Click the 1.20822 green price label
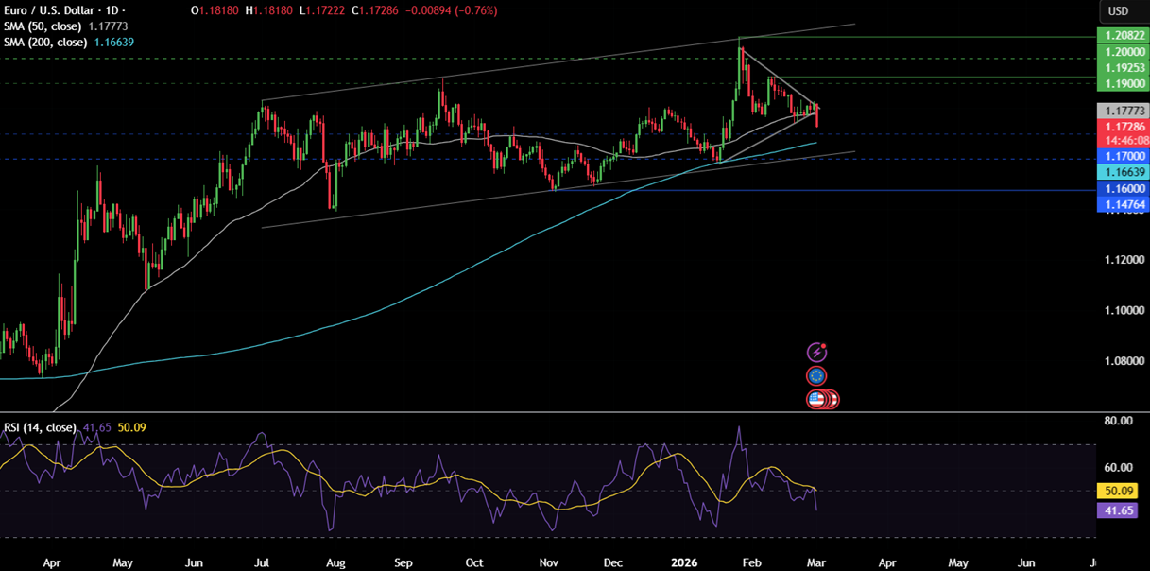1122,35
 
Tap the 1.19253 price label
1122,69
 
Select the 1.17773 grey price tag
1122,111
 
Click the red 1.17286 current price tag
1122,126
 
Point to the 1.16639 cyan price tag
1122,172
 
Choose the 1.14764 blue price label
1122,204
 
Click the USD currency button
1118,11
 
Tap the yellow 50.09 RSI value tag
1122,492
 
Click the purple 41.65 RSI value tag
1122,510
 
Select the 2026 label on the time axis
682,562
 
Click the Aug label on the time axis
336,562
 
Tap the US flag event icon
818,399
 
